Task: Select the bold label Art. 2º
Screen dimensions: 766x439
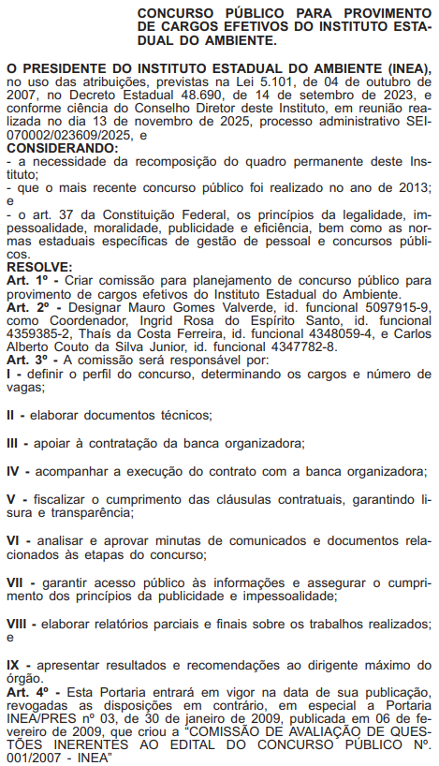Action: [x=26, y=306]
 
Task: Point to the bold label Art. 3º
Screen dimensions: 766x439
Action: [x=26, y=359]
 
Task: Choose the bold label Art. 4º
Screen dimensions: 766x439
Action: [x=26, y=690]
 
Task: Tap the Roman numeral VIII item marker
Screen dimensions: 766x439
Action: [x=19, y=623]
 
